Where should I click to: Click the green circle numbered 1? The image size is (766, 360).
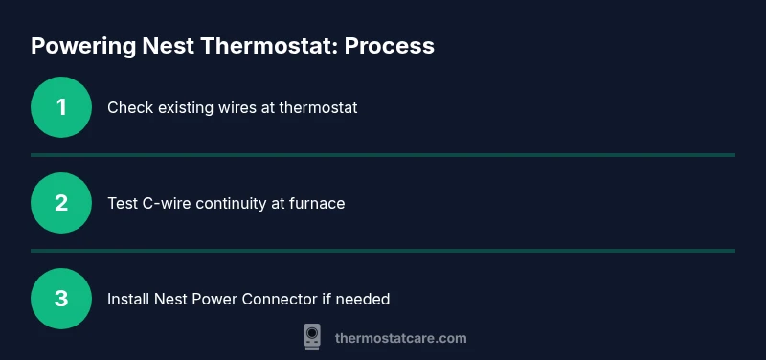[x=61, y=107]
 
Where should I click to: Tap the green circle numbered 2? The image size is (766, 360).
[x=61, y=203]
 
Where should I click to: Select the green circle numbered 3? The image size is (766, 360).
[x=61, y=299]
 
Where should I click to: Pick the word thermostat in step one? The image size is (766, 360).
[x=318, y=108]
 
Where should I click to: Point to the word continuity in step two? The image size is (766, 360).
[x=236, y=204]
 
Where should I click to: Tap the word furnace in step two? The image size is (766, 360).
[x=317, y=204]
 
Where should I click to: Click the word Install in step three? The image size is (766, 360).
[x=127, y=300]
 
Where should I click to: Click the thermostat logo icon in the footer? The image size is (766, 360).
[x=312, y=337]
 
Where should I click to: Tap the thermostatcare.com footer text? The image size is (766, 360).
[x=400, y=338]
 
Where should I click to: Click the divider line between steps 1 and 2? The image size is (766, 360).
[x=383, y=154]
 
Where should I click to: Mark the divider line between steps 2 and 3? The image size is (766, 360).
[x=383, y=250]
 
